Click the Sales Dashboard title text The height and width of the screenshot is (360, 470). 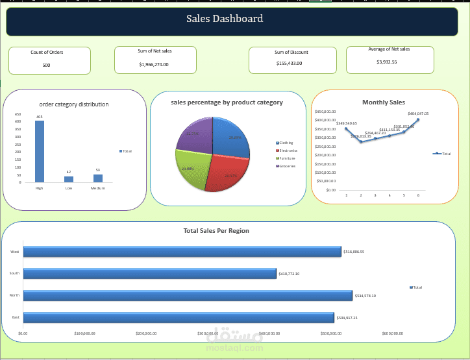[x=225, y=19]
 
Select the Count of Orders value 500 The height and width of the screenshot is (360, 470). [x=46, y=66]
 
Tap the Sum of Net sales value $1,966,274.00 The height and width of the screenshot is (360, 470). [x=154, y=65]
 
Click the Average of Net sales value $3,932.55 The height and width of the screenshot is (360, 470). [x=386, y=62]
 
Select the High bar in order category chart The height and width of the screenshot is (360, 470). [x=40, y=151]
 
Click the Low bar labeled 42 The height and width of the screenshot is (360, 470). [x=69, y=179]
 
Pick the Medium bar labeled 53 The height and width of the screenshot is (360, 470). [x=97, y=178]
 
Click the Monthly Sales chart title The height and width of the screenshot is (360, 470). [x=383, y=102]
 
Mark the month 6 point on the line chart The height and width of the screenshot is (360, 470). [x=418, y=119]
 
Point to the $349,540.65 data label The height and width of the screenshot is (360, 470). [x=346, y=123]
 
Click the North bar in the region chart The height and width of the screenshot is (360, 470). [x=188, y=295]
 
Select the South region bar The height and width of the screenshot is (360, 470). [x=149, y=274]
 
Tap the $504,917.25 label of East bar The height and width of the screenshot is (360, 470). [x=351, y=318]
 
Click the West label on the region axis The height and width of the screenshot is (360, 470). [x=15, y=252]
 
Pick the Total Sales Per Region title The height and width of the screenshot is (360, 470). [x=216, y=231]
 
